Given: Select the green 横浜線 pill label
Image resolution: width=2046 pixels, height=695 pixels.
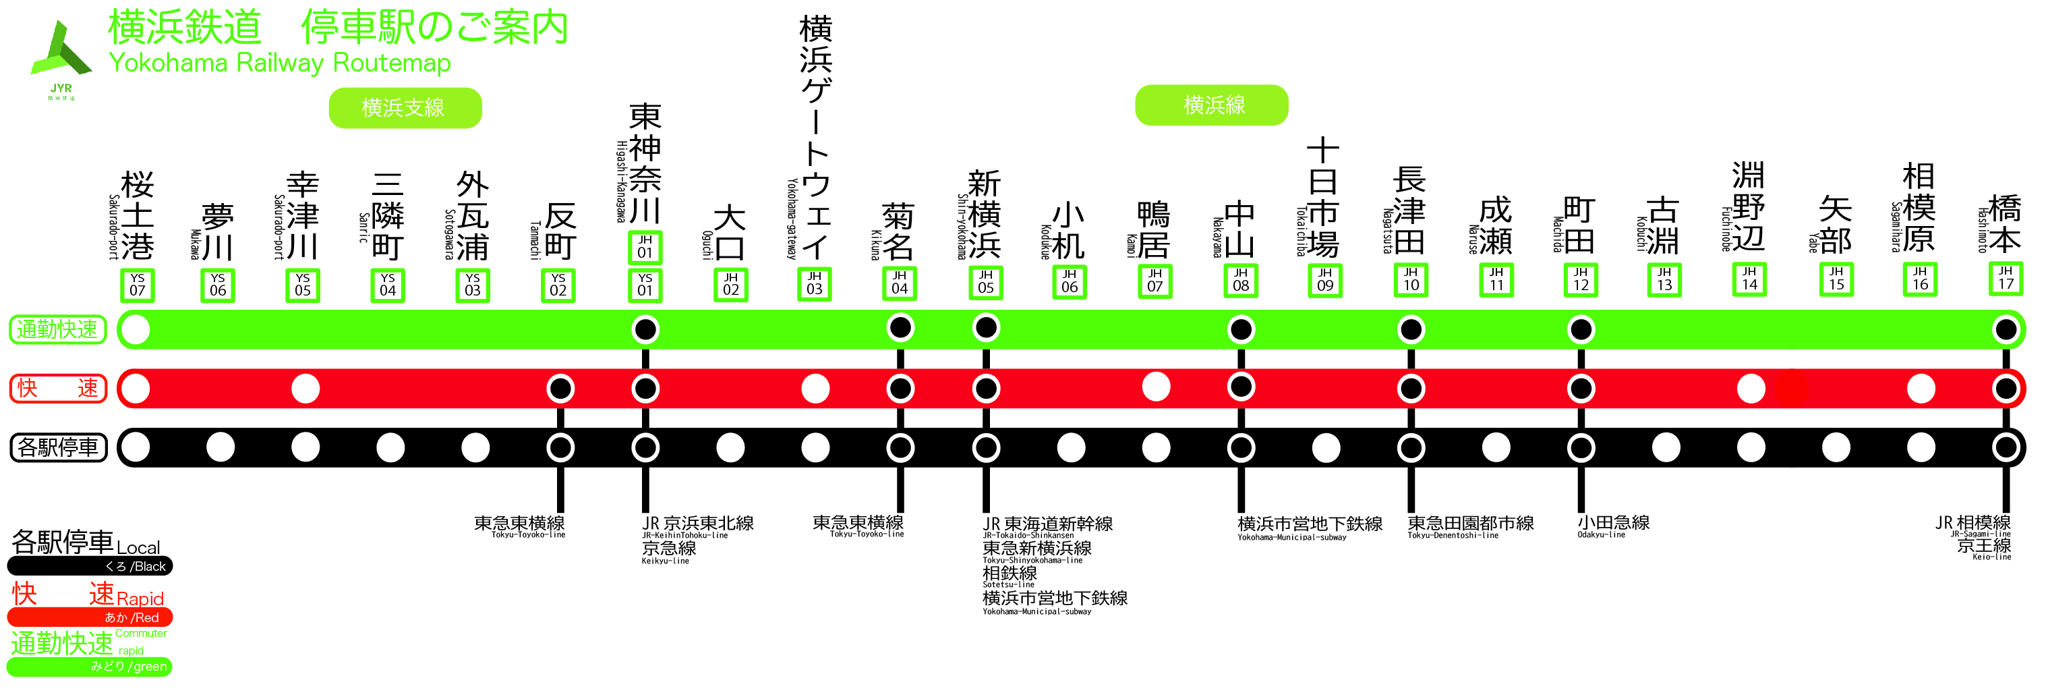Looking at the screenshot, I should (x=1211, y=105).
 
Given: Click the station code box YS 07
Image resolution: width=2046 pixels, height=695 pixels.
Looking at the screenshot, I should (x=138, y=285).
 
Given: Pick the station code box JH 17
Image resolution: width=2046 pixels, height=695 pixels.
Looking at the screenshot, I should (x=2006, y=279).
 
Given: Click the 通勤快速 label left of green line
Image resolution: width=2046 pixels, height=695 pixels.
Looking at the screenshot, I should (x=57, y=329).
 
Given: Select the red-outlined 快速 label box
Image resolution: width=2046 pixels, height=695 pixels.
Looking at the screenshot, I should (x=57, y=389).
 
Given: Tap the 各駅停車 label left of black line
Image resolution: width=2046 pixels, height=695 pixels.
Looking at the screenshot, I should (x=57, y=447).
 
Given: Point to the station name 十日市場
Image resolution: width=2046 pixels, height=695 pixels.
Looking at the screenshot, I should (x=1323, y=197).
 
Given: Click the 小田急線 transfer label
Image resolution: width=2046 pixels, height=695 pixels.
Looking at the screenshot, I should (x=1613, y=523).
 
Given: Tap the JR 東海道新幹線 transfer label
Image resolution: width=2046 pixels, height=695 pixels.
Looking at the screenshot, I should (x=1048, y=524).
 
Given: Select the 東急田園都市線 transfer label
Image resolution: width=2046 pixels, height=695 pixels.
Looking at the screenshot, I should (x=1470, y=524).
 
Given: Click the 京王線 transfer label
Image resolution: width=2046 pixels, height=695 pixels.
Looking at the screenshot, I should (x=1983, y=546).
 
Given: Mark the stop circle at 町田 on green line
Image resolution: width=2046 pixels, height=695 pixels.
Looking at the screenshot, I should (x=1581, y=329).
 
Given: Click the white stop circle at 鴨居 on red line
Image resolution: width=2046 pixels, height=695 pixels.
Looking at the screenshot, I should (x=1156, y=387).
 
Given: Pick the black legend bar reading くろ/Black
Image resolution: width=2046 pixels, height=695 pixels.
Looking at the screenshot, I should (x=90, y=566).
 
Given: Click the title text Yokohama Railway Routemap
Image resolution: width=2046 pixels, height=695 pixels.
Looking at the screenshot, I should (x=280, y=63).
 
